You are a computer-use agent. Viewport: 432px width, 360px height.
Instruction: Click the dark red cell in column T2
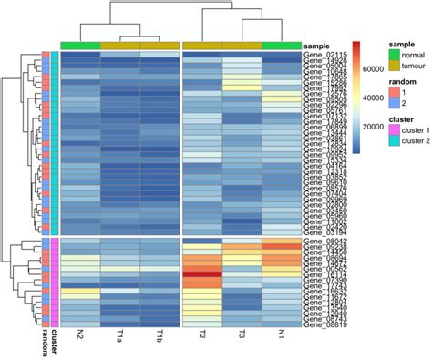point(202,273)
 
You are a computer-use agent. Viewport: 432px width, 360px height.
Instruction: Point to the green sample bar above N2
point(80,45)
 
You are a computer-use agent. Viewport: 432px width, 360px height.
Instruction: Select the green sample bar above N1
point(281,45)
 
